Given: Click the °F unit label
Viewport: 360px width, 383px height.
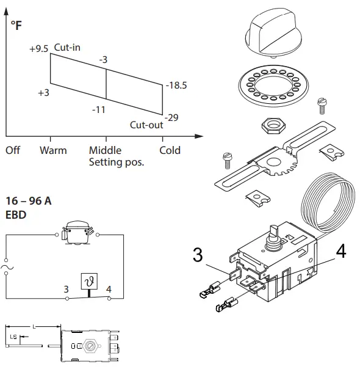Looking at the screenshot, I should coord(16,26).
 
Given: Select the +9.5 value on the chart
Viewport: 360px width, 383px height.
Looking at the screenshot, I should coord(38,48).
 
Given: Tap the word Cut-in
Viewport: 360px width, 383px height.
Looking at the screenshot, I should coord(68,47).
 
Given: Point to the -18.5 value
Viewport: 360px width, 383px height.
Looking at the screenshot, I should coord(176,86).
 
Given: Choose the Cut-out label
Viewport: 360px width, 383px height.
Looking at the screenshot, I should coord(146,125).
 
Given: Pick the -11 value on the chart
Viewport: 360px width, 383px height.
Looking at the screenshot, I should coord(99,110).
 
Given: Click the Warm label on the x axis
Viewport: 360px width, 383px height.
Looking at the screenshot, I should coord(53,150).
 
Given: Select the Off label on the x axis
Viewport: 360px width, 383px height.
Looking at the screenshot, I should coord(13,150).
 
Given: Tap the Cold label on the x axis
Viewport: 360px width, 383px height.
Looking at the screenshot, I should coord(170,150).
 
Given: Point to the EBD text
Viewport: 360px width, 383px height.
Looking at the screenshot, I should coord(16,214).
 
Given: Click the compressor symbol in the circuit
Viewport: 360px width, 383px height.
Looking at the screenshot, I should coord(77,233).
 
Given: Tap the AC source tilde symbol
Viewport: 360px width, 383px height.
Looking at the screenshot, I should coord(7,267).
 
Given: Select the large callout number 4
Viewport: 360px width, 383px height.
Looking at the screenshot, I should coord(341,252).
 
